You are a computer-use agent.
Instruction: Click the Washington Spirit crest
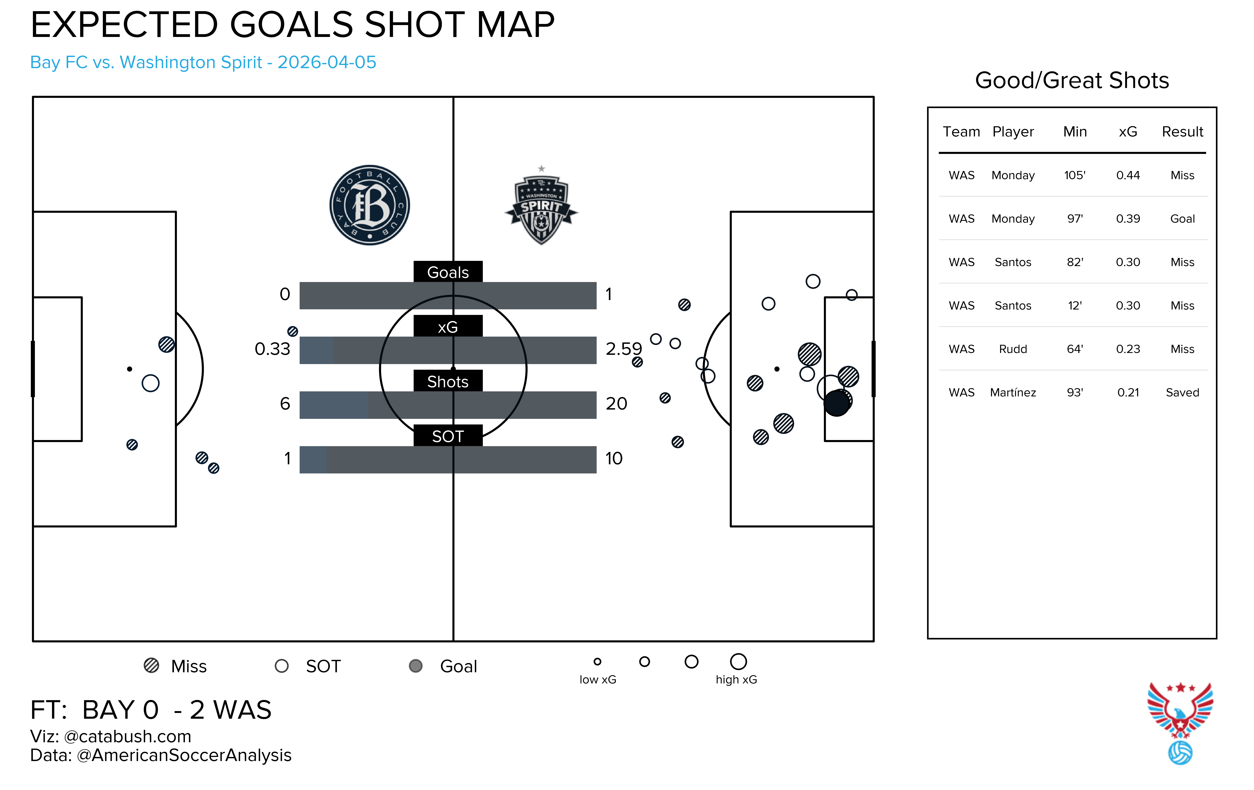coord(541,207)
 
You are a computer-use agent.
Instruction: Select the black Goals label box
coord(448,272)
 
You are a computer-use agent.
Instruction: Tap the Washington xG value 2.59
coord(623,348)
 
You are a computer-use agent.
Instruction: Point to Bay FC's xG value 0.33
coord(272,348)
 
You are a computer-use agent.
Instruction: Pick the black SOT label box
coord(448,436)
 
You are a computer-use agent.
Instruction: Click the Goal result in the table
coord(1182,219)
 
